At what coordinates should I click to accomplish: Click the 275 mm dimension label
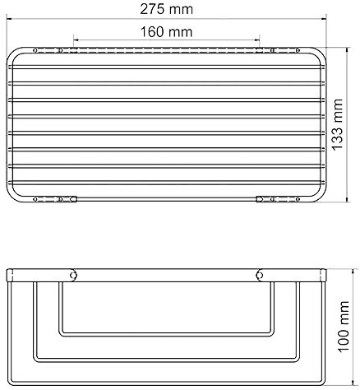click(x=167, y=9)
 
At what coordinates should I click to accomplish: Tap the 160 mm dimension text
click(x=167, y=32)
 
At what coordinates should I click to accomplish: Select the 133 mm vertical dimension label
click(x=337, y=124)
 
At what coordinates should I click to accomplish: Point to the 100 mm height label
click(x=344, y=327)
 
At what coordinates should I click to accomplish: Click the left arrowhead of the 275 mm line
click(x=9, y=19)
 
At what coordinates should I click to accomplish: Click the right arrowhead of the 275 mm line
click(x=325, y=19)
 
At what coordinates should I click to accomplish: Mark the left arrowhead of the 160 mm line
click(x=76, y=40)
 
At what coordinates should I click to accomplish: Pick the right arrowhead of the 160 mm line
click(x=257, y=40)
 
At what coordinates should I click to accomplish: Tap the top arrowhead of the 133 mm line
click(x=348, y=49)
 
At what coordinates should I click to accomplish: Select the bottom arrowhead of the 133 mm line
click(x=348, y=199)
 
